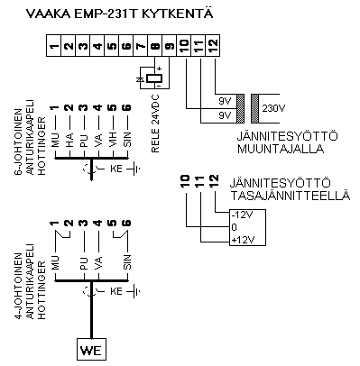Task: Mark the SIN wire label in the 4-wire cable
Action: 126,263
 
